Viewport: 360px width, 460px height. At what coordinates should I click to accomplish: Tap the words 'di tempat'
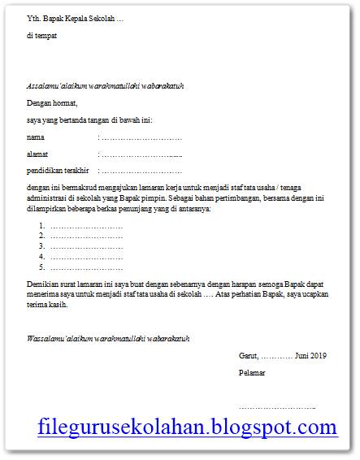(42, 37)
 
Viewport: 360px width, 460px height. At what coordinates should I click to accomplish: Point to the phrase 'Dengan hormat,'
(52, 103)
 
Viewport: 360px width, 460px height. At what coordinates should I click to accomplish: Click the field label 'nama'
(36, 137)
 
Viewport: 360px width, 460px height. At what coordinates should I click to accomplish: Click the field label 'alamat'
(37, 154)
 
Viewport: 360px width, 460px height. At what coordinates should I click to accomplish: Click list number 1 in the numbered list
(41, 226)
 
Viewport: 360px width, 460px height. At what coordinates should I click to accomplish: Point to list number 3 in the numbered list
(41, 246)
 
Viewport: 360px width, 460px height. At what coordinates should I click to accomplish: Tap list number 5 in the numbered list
(41, 267)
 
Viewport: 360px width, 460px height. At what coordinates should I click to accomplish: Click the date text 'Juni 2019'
(308, 356)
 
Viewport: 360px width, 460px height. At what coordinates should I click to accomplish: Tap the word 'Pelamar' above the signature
(252, 373)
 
